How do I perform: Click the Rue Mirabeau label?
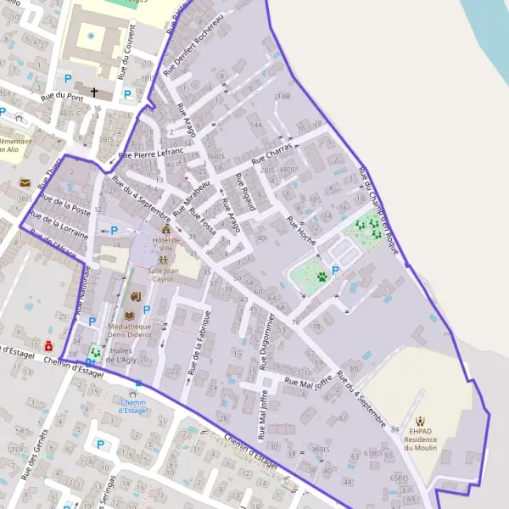point(192,196)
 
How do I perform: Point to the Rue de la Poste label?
point(64,205)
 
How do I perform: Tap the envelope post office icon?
point(25,182)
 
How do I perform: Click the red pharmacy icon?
point(49,346)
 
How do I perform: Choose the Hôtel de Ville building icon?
point(165,229)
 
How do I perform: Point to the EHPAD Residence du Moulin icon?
point(420,418)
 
